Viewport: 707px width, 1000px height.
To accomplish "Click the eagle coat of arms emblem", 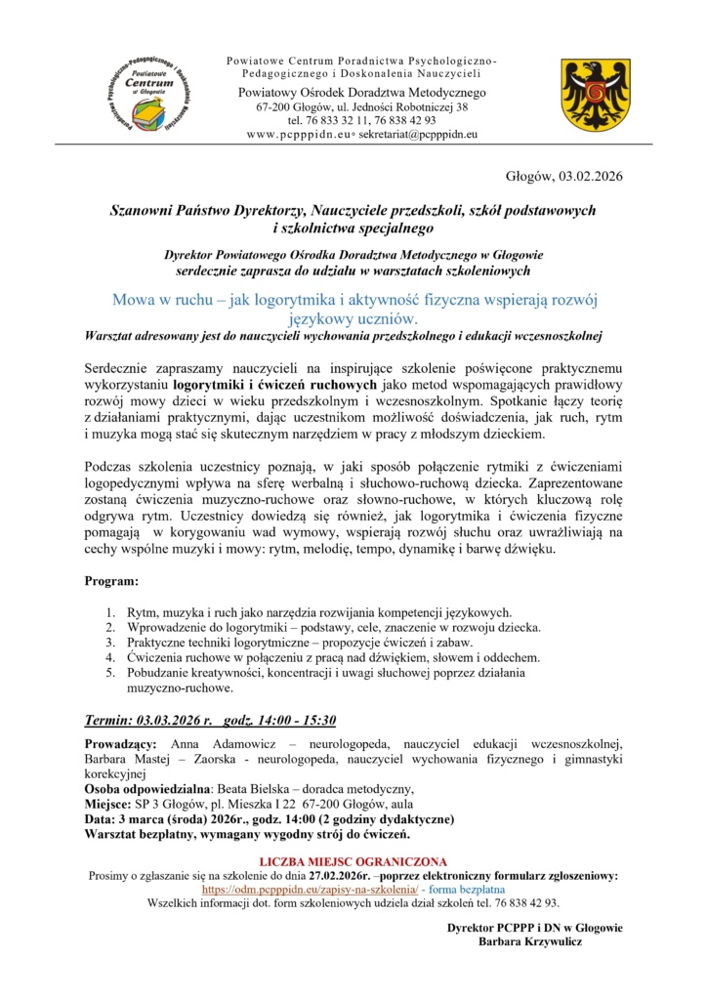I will pyautogui.click(x=586, y=95).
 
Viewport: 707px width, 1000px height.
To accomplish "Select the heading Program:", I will pyautogui.click(x=112, y=582).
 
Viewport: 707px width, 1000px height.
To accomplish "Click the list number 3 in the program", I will pyautogui.click(x=110, y=643).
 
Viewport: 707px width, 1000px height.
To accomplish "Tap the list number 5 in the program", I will pyautogui.click(x=110, y=673).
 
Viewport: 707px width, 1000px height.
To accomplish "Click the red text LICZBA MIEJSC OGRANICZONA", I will pyautogui.click(x=353, y=862).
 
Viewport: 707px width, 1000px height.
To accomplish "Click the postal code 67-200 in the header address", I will pyautogui.click(x=276, y=106).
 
